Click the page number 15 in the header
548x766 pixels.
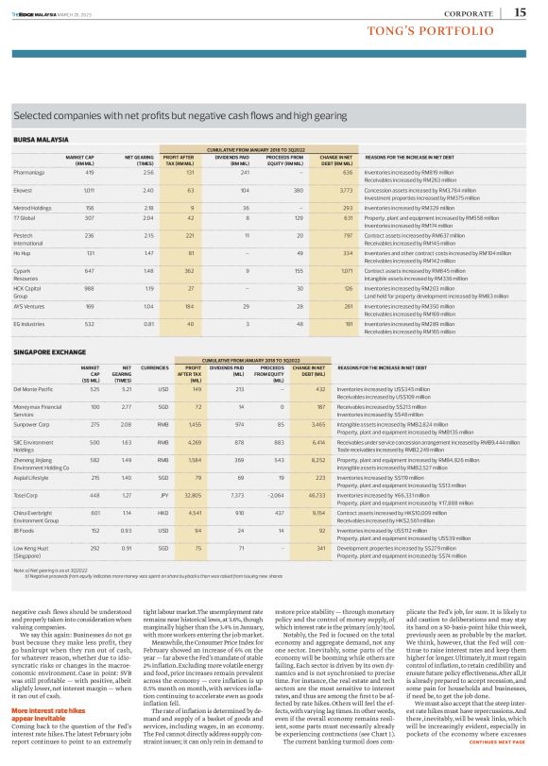[x=520, y=11]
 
